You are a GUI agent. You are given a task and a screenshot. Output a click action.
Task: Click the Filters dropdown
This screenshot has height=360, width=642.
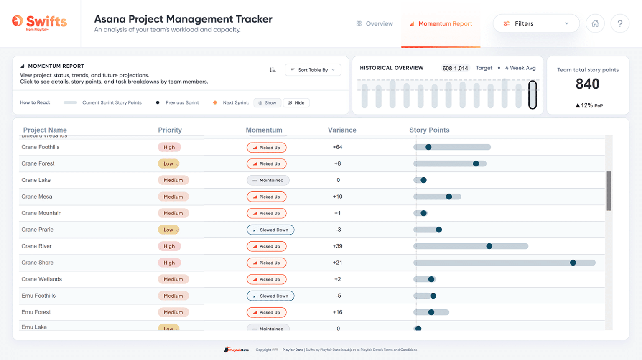click(536, 23)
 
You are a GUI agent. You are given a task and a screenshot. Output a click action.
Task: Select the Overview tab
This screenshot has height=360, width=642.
click(374, 24)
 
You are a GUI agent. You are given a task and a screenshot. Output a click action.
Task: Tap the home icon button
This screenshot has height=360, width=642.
click(595, 23)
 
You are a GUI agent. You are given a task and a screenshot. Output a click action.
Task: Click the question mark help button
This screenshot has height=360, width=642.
click(620, 23)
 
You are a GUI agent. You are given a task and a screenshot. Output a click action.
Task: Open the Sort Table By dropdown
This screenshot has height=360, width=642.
click(313, 70)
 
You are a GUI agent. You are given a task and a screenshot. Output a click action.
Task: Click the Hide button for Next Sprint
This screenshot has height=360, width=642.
click(296, 103)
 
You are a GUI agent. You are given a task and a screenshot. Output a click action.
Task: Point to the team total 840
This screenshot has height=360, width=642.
click(587, 84)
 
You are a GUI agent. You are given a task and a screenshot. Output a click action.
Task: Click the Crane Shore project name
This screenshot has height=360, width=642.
click(37, 263)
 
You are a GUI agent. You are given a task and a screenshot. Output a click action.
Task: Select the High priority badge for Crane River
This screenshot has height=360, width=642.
click(169, 246)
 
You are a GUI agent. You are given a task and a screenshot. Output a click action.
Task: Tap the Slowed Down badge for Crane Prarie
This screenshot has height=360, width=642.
click(270, 230)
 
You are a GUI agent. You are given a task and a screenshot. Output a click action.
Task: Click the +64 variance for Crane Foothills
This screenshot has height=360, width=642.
click(337, 147)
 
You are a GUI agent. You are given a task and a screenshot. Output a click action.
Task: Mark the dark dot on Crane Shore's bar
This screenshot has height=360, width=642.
click(573, 263)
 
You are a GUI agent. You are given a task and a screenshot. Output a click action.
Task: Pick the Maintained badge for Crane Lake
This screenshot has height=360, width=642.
click(268, 180)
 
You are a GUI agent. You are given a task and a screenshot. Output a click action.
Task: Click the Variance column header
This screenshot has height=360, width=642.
click(342, 130)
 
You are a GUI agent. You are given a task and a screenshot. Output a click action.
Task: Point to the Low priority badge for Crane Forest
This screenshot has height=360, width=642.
click(168, 164)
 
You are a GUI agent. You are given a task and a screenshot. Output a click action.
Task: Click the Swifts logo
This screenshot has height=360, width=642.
click(40, 22)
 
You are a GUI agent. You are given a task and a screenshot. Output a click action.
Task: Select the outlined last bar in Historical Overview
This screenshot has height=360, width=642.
click(532, 95)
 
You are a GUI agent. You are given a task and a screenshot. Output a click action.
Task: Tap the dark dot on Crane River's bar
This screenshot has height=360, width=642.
click(489, 246)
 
